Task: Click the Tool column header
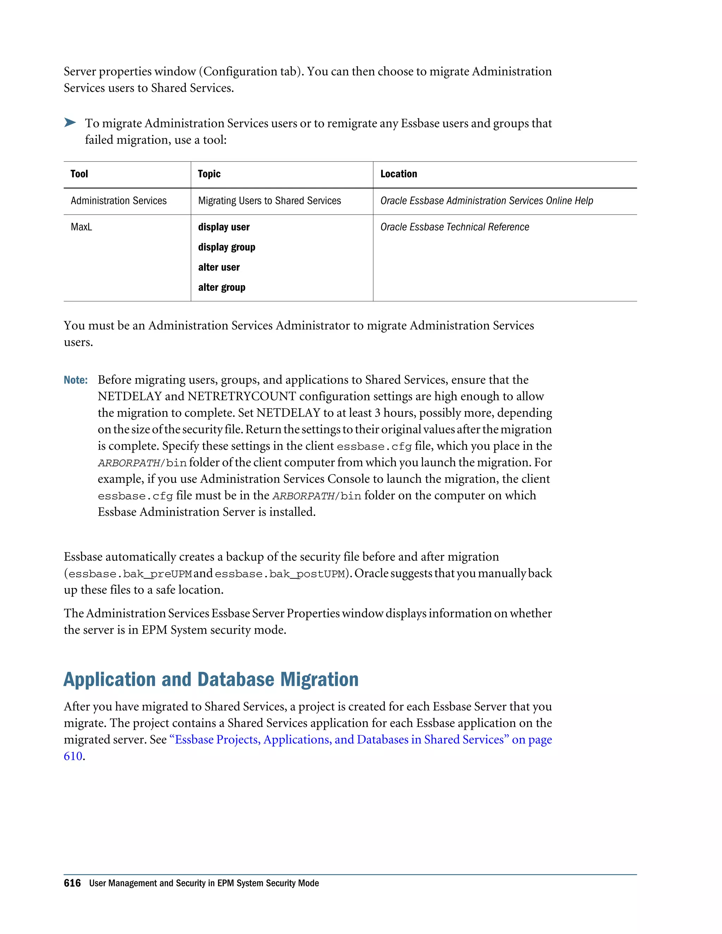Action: tap(79, 174)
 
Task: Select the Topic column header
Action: tap(209, 174)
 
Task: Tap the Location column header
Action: tap(398, 174)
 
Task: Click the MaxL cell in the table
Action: tap(81, 227)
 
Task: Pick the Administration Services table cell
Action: tap(118, 201)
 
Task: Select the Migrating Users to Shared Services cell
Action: tap(269, 201)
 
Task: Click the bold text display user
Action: tap(224, 227)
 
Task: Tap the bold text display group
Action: tap(226, 247)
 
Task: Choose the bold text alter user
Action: tap(219, 267)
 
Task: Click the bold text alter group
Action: tap(221, 287)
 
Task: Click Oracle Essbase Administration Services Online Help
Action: tap(486, 201)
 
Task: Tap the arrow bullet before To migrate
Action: tap(70, 123)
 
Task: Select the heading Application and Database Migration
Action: tap(211, 680)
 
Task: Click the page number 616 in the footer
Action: tap(72, 883)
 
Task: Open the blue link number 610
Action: tap(73, 756)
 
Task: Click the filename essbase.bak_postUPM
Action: tap(279, 574)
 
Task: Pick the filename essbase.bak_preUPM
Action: tap(130, 574)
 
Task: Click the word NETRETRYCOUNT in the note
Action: tap(241, 397)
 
